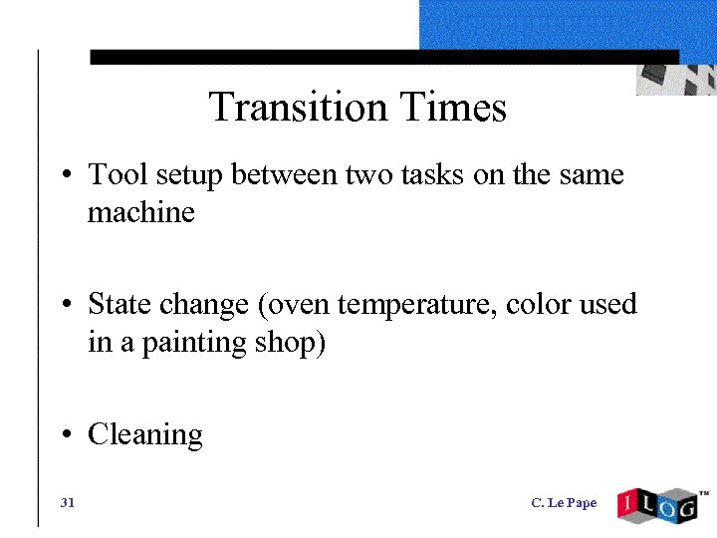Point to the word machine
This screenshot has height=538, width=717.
(x=141, y=213)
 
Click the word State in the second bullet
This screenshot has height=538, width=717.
(x=113, y=303)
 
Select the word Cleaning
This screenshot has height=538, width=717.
(x=145, y=435)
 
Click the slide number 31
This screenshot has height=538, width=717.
(x=68, y=503)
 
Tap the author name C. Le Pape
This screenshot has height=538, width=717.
(x=564, y=503)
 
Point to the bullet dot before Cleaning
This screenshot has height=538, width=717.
(x=65, y=434)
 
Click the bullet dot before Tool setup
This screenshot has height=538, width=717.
(x=65, y=175)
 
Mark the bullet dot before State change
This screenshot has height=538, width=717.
(x=65, y=303)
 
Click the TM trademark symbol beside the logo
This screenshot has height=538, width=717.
(x=703, y=493)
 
